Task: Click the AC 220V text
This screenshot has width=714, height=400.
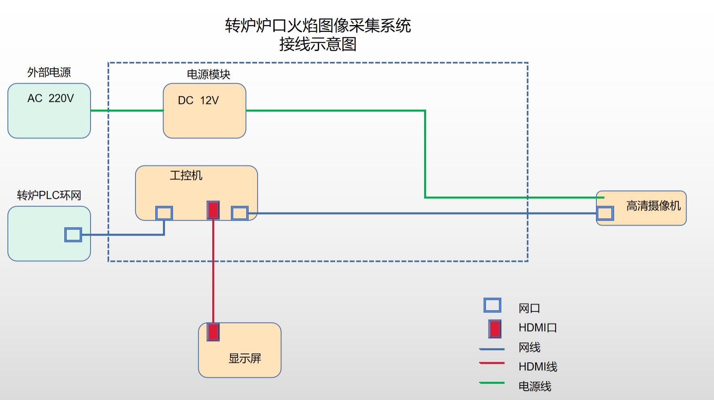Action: (x=51, y=98)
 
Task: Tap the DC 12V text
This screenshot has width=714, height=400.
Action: (x=198, y=100)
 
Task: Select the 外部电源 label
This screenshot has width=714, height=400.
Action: (x=49, y=72)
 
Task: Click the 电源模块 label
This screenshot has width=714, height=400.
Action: (x=208, y=74)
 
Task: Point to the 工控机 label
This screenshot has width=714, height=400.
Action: (x=186, y=175)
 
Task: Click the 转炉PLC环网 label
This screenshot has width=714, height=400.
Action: (x=49, y=196)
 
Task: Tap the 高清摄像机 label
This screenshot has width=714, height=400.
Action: (x=653, y=206)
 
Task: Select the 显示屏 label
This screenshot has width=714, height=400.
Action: (x=245, y=358)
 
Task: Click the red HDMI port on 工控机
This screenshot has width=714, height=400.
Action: (x=213, y=210)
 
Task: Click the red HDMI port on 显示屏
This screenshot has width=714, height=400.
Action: (x=213, y=332)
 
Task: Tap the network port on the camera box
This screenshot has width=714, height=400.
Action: (x=605, y=213)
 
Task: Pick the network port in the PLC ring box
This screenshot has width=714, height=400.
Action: (x=73, y=235)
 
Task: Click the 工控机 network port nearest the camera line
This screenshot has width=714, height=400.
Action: (x=240, y=213)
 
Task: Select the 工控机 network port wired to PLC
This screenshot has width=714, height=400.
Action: (x=164, y=213)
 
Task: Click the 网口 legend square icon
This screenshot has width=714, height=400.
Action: (x=492, y=305)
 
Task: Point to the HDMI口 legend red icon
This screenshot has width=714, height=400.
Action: (x=495, y=329)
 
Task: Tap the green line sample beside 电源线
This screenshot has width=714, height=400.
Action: (x=492, y=383)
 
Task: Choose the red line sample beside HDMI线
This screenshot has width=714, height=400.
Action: (x=492, y=363)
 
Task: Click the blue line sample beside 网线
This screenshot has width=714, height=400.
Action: (x=492, y=349)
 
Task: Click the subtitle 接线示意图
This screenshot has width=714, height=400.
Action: (x=318, y=44)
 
